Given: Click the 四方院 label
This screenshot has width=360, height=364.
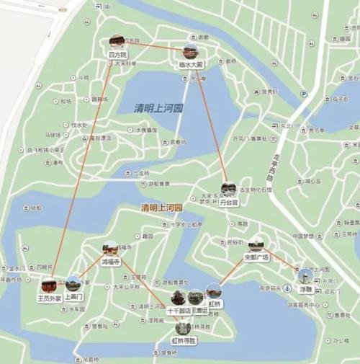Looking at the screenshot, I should click(x=117, y=54).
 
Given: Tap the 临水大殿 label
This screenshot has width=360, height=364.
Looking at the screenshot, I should click(x=191, y=64).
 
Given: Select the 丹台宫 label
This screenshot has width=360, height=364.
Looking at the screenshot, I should click(x=229, y=203).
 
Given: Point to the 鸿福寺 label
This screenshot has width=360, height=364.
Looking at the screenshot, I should click(x=110, y=262).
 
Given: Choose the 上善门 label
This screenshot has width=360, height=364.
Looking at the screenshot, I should click(x=74, y=296).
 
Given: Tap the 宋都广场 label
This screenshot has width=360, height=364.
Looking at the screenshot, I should click(x=256, y=257).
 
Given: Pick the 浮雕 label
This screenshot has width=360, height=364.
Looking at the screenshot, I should click(x=305, y=289).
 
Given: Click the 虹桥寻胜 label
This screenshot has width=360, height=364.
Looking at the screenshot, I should click(x=184, y=339).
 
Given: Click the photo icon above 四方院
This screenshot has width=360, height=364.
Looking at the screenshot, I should click(x=117, y=41).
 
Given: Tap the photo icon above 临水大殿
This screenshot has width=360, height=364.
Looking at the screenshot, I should click(x=191, y=52).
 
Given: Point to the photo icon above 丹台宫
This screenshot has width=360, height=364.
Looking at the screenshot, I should click(x=229, y=190).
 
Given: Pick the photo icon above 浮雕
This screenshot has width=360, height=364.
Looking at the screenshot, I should click(x=305, y=275).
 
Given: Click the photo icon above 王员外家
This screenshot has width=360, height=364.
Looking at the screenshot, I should click(x=50, y=284).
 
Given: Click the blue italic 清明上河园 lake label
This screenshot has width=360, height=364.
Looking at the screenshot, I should click(x=159, y=108).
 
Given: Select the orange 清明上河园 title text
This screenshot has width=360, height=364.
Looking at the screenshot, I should click(x=162, y=208).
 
